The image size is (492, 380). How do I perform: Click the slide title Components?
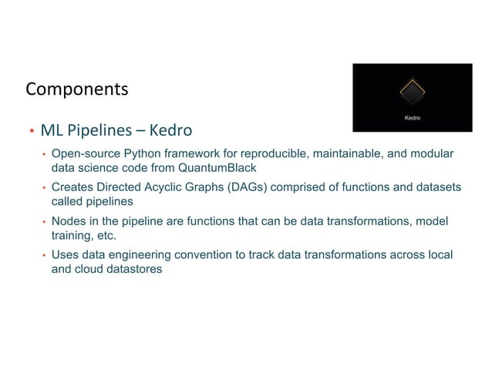click(76, 90)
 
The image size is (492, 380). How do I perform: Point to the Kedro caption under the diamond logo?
click(413, 118)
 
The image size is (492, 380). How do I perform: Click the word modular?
click(430, 153)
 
